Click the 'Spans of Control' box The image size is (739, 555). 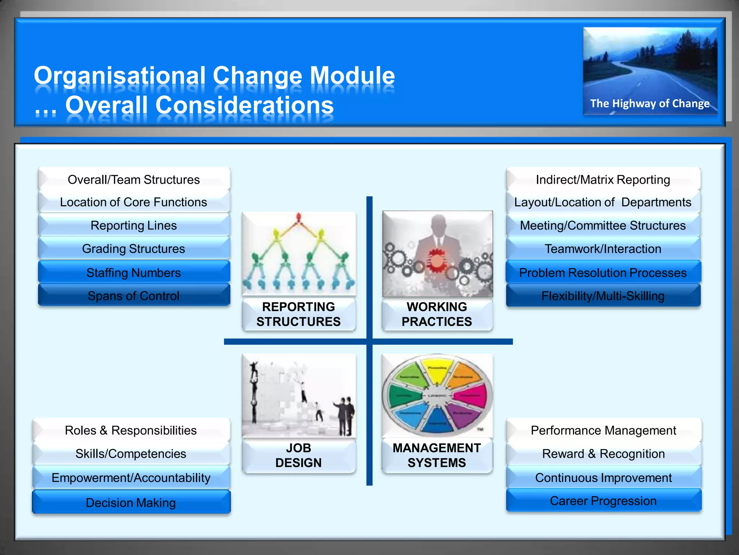pos(134,296)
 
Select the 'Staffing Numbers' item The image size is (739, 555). pos(134,273)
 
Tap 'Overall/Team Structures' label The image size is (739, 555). pos(134,180)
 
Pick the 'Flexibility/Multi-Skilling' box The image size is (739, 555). pos(603,296)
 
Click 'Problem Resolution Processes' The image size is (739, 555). pos(603,273)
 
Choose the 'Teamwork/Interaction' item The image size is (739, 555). pos(603,249)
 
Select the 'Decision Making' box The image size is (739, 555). pos(131,503)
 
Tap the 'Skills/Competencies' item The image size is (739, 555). pos(131,454)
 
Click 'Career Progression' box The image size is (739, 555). pos(603,501)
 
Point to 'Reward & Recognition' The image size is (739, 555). pos(603,454)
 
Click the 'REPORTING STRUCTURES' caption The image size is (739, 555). pos(298,314)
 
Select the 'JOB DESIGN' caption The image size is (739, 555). pos(298,455)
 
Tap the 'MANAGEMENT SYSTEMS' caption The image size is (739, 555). pos(437,455)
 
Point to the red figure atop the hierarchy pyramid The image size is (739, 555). pos(298,218)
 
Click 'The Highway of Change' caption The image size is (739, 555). pos(650,104)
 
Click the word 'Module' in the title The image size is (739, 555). pos(352,76)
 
